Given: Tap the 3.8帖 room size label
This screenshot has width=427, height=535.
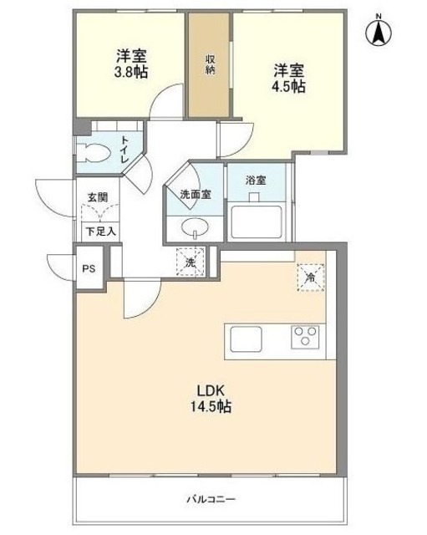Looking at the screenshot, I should [x=131, y=73].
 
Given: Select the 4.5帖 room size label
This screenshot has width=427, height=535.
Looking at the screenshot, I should [x=287, y=86].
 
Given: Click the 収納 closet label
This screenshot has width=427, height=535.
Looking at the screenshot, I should [x=209, y=64].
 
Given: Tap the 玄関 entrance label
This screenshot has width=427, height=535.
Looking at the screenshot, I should [x=97, y=198].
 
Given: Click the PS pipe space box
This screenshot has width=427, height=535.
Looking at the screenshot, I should [x=87, y=268].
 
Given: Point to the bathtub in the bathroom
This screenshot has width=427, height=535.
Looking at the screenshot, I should [x=257, y=222].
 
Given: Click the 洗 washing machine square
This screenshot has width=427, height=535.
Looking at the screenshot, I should [x=190, y=261].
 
